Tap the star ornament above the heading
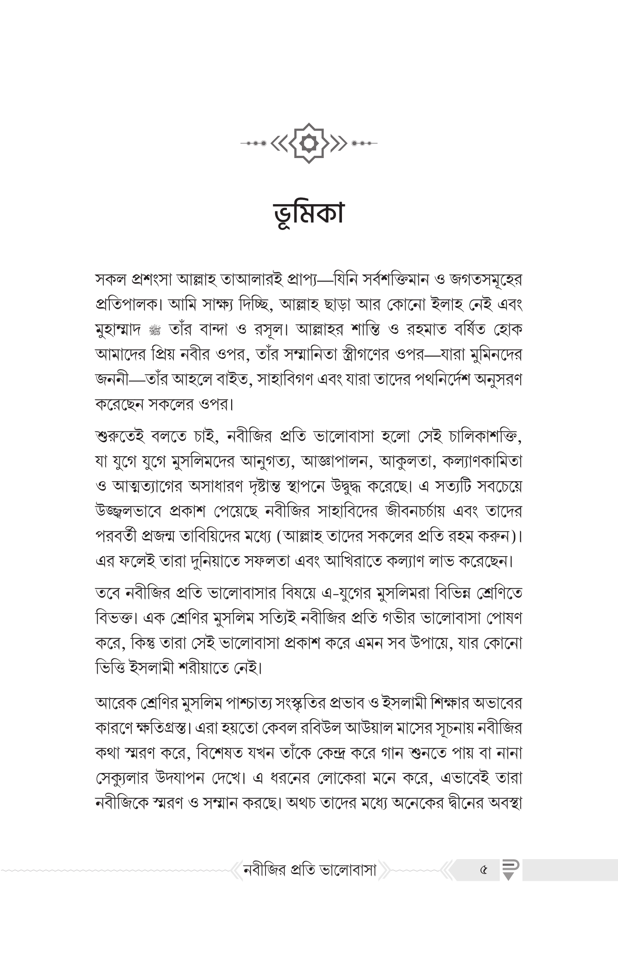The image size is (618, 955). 309,143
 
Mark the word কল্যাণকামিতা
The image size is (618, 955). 482,461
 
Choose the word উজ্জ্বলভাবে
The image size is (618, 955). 128,512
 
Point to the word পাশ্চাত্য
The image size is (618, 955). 257,703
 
